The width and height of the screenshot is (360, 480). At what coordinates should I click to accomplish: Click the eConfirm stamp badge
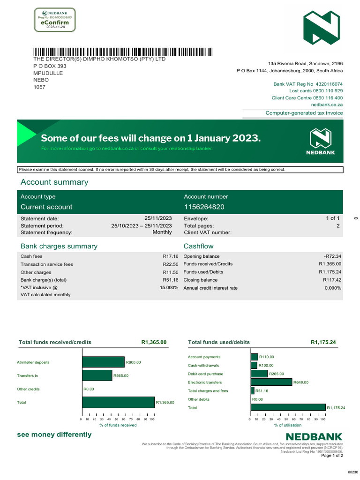click(x=55, y=20)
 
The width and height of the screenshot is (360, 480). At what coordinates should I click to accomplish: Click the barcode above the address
click(x=122, y=52)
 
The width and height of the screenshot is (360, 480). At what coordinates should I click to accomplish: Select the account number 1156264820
click(x=204, y=207)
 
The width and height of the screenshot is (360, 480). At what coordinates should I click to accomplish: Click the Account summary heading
click(x=54, y=182)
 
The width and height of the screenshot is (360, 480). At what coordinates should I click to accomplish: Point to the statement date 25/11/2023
click(x=158, y=218)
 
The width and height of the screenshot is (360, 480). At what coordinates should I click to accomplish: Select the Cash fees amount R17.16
click(x=171, y=256)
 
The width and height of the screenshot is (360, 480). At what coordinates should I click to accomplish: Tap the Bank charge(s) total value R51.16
click(x=171, y=280)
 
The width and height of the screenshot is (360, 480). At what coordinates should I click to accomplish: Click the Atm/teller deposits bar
click(x=103, y=362)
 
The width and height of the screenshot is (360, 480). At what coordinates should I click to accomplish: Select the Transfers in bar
click(x=97, y=375)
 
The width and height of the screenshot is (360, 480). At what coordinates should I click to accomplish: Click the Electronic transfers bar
click(x=271, y=382)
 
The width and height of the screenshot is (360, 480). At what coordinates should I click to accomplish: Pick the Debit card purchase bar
click(x=259, y=374)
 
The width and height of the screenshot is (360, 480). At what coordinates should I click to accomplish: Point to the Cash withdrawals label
click(x=203, y=366)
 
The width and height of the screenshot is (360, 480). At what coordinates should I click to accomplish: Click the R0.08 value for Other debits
click(x=257, y=399)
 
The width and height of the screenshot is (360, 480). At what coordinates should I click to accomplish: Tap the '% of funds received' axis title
click(x=118, y=425)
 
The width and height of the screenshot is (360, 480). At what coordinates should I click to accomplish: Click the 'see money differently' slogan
click(x=54, y=435)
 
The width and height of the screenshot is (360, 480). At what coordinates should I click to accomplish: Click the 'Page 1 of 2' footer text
click(x=332, y=456)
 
